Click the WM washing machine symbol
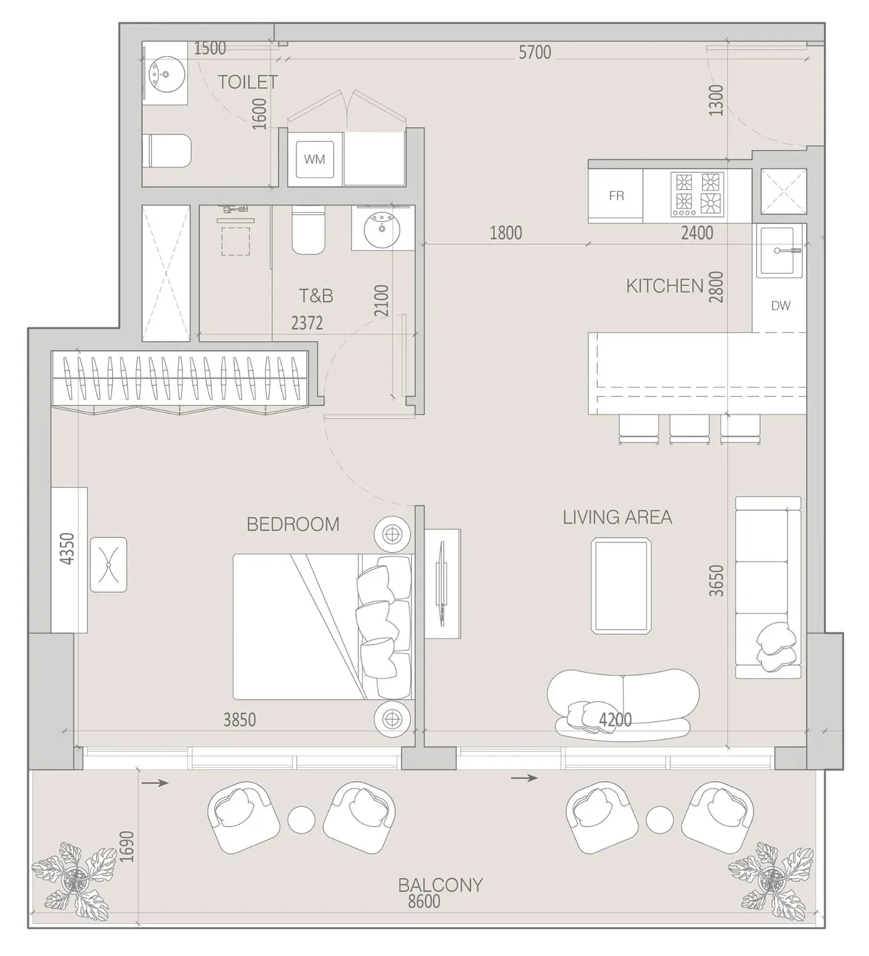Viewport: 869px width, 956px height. tap(314, 159)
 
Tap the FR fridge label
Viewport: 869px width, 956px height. tap(616, 196)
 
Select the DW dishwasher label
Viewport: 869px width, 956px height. tap(781, 306)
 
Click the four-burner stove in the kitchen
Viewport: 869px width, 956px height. tap(697, 194)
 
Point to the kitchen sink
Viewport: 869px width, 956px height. tap(781, 251)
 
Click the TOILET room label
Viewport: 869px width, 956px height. tap(248, 82)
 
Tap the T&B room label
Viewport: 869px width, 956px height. tap(316, 296)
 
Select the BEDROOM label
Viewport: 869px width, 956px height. tap(293, 524)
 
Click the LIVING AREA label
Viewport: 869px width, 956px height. tap(618, 517)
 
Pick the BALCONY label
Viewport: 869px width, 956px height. tap(441, 884)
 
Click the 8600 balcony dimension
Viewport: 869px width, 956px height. tap(424, 901)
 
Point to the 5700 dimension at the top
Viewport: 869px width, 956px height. tap(535, 52)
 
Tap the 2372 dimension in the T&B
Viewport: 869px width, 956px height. tap(307, 323)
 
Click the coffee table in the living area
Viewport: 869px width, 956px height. tap(621, 586)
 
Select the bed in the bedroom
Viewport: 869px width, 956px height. tap(323, 626)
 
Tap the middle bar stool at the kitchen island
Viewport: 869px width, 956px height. tap(689, 429)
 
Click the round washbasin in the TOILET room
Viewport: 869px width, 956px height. tap(165, 73)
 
